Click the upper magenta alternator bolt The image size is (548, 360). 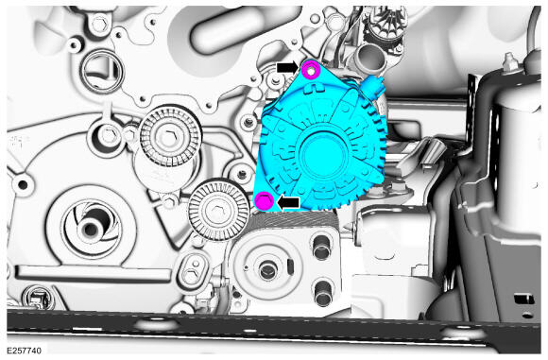coord(311,69)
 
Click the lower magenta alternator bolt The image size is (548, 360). coord(265,200)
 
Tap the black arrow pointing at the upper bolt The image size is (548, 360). coord(287,67)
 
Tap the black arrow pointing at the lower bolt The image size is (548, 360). coord(288,202)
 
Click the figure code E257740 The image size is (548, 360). coord(25,351)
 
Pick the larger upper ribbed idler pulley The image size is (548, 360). coord(170,136)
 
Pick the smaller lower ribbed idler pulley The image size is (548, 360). coord(214,210)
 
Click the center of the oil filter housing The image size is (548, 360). coord(267,268)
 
